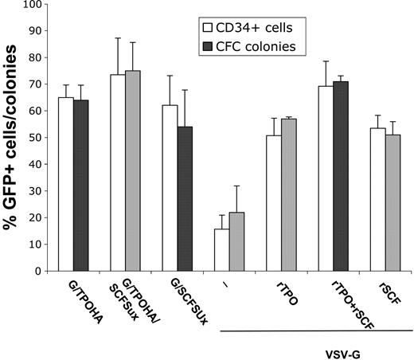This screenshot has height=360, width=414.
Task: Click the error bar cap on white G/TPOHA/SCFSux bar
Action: click(x=119, y=38)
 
